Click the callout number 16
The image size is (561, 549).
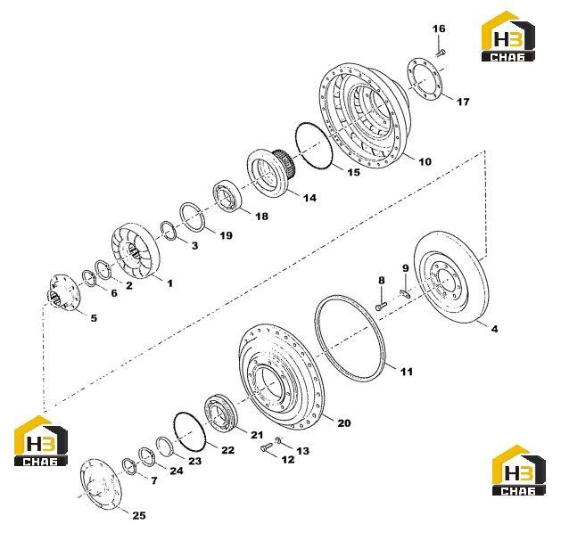(439, 29)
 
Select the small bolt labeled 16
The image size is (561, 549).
(441, 53)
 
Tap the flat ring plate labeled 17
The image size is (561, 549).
(425, 79)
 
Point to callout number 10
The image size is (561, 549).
(425, 161)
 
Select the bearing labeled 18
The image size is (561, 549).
(228, 198)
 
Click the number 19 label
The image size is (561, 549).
(226, 235)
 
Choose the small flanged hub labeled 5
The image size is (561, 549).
(63, 291)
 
